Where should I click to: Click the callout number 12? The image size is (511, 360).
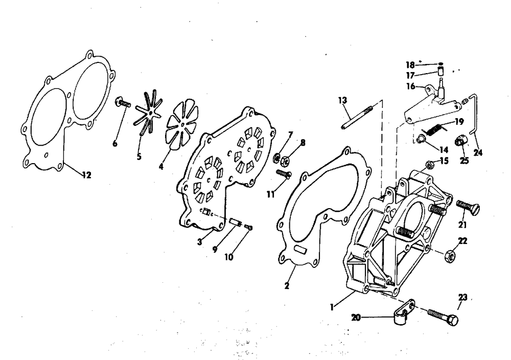pyautogui.click(x=87, y=175)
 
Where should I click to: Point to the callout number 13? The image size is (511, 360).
pyautogui.click(x=342, y=100)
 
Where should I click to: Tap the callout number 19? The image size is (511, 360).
pyautogui.click(x=458, y=122)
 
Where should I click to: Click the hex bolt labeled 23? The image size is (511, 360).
pyautogui.click(x=443, y=317)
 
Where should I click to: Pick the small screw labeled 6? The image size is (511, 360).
pyautogui.click(x=123, y=103)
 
